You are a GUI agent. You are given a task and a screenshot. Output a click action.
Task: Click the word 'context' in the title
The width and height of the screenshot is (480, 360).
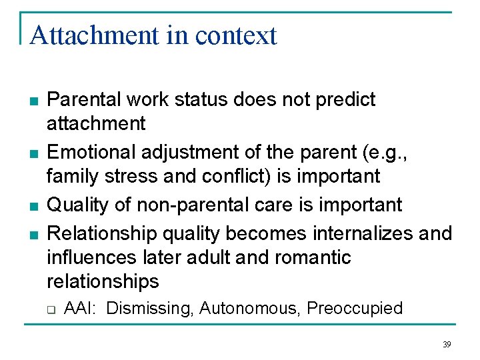(x=236, y=35)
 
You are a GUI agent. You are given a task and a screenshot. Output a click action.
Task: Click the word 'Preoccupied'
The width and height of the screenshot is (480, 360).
(x=355, y=308)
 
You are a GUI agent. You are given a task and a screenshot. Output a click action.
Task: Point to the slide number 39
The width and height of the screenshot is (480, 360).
(x=446, y=345)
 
